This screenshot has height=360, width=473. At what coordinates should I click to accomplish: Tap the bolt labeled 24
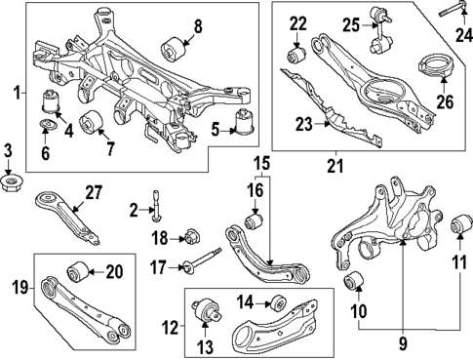coord(450,13)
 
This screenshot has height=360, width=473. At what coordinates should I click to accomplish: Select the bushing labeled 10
coord(355,283)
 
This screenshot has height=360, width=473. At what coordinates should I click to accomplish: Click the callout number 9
coord(401,344)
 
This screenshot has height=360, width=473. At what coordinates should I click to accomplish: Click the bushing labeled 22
coord(297,49)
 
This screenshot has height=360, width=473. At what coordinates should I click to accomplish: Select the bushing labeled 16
coord(256,222)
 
